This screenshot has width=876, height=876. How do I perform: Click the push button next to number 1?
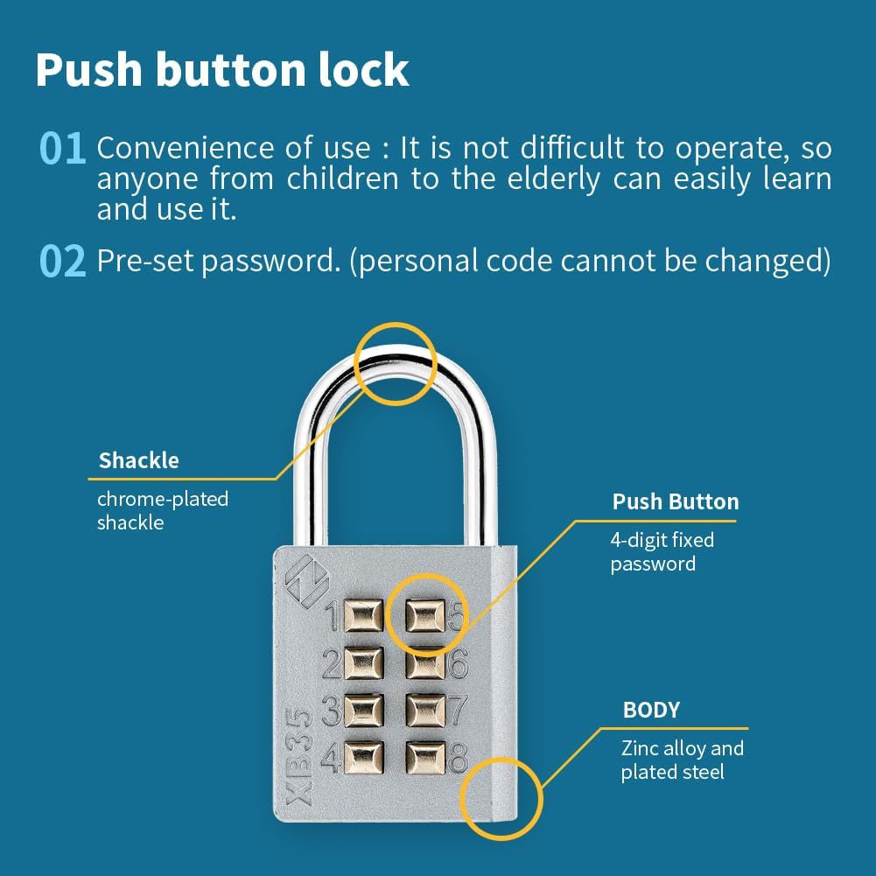364,615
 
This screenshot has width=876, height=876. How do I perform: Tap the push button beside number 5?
425,615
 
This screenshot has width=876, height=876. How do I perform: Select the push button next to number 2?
364,663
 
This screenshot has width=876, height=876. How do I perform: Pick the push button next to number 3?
364,711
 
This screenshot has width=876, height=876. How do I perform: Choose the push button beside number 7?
425,711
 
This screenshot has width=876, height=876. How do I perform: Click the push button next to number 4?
364,758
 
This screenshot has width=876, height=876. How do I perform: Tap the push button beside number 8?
425,758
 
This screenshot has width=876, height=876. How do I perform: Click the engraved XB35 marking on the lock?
299,756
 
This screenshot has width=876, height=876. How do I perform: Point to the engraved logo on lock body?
307,580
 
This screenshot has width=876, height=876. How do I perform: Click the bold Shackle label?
138,460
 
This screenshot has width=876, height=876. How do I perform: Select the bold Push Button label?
676,501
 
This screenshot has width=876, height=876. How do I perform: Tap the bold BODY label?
651,710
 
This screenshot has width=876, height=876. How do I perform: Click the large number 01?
63,149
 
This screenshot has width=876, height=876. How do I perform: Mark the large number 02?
63,261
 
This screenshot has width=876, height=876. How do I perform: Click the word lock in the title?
364,69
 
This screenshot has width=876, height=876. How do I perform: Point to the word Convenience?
186,148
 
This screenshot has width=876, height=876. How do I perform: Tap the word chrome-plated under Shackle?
163,500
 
